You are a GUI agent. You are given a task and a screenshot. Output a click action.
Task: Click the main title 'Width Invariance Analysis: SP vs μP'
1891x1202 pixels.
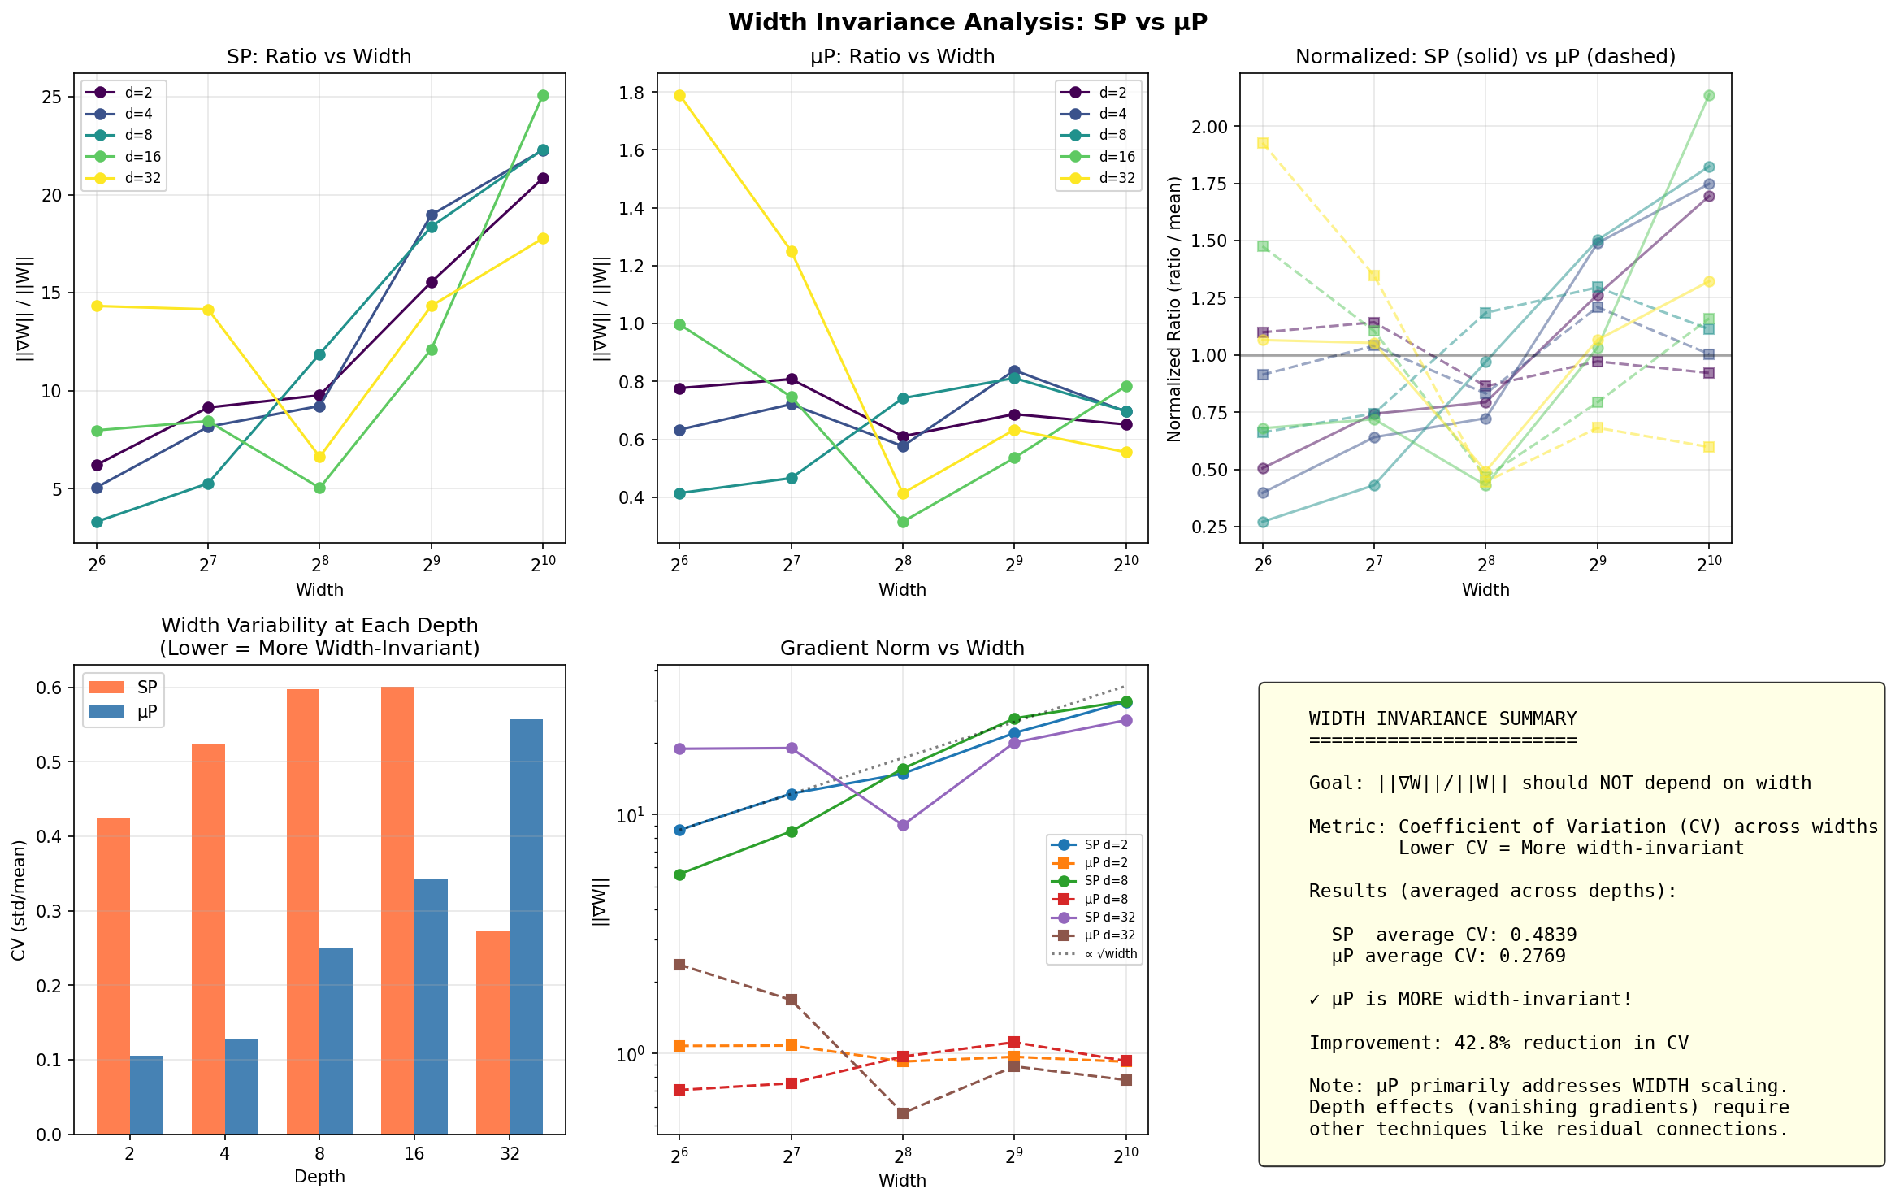[x=967, y=22]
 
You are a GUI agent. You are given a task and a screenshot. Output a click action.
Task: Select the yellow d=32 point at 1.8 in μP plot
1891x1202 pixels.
[x=679, y=95]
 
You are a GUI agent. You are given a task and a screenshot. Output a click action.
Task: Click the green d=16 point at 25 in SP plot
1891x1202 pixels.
[x=543, y=95]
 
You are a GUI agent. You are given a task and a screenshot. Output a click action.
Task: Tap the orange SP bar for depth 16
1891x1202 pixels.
[x=397, y=910]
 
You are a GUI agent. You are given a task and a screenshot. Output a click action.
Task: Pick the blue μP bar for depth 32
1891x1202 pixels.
[x=526, y=926]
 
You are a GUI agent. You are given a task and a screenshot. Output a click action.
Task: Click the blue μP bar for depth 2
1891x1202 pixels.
[x=146, y=1095]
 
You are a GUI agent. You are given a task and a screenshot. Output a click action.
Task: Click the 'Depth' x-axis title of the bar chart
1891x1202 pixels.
[x=319, y=1177]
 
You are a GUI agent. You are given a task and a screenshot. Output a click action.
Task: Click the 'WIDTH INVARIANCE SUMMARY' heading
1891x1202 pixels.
[x=1442, y=718]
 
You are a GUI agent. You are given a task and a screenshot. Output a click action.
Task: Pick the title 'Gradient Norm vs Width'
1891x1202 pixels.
[x=902, y=648]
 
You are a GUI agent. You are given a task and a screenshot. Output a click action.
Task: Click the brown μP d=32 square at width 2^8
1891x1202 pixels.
[x=902, y=1113]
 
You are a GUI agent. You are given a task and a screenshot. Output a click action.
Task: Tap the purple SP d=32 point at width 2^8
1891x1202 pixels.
[x=902, y=825]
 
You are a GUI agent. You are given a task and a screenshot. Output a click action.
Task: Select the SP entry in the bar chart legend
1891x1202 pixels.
[x=147, y=688]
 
